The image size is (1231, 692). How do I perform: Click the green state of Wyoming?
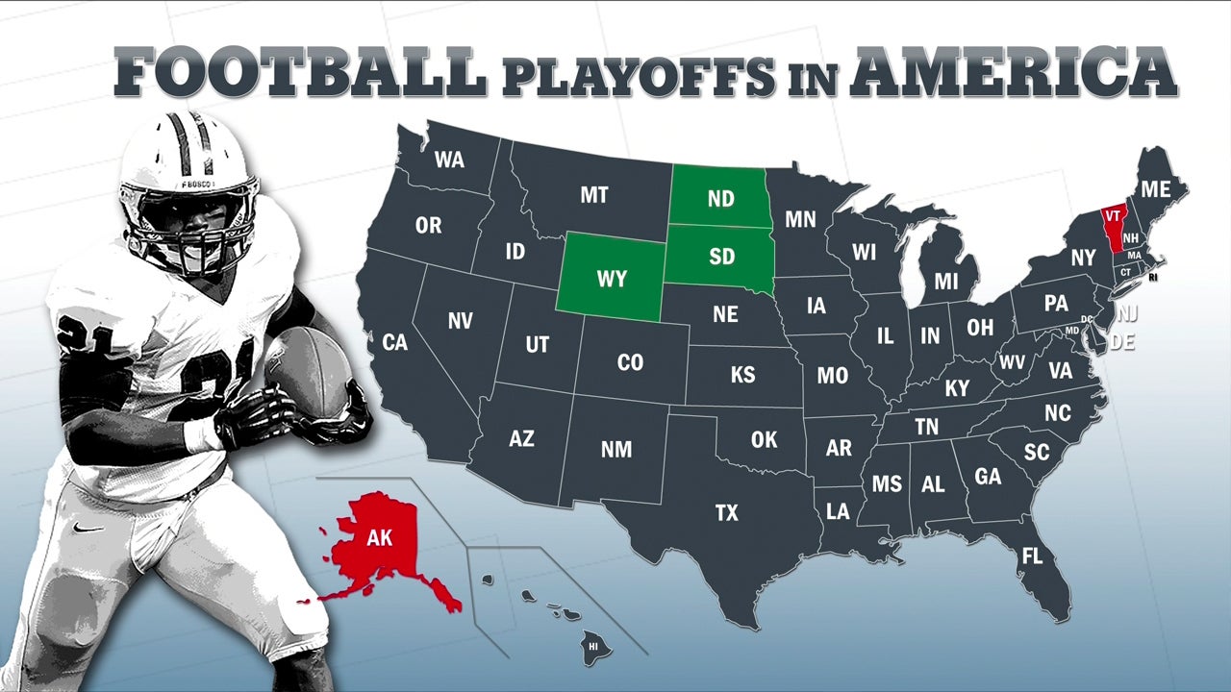pyautogui.click(x=612, y=278)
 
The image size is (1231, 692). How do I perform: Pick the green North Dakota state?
pyautogui.click(x=720, y=198)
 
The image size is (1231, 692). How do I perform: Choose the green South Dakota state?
pyautogui.click(x=721, y=257)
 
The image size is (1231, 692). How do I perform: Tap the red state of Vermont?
pyautogui.click(x=1113, y=227)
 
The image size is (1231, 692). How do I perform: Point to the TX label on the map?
pyautogui.click(x=727, y=513)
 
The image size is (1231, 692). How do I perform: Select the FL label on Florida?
pyautogui.click(x=1032, y=556)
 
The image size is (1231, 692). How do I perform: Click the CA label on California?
pyautogui.click(x=395, y=342)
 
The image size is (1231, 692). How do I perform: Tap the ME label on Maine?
pyautogui.click(x=1154, y=188)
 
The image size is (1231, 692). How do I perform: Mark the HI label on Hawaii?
pyautogui.click(x=592, y=647)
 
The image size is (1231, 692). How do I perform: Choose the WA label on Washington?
pyautogui.click(x=449, y=160)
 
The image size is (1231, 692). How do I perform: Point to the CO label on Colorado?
pyautogui.click(x=630, y=362)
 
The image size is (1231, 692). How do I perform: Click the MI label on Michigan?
pyautogui.click(x=946, y=282)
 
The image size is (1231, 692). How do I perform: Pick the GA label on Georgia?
pyautogui.click(x=988, y=477)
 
